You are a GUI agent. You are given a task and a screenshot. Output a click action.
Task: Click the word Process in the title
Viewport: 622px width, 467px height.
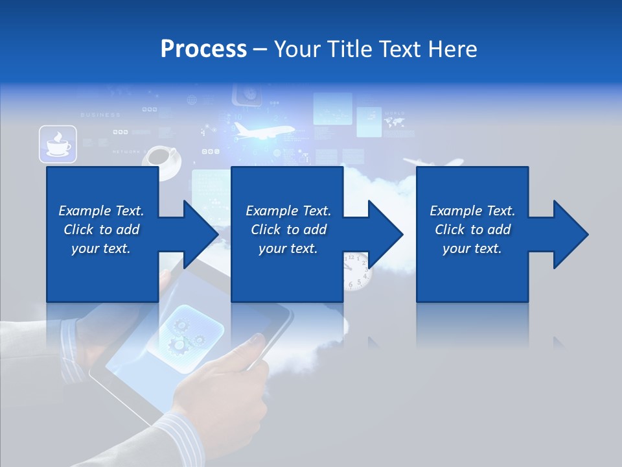coord(203,49)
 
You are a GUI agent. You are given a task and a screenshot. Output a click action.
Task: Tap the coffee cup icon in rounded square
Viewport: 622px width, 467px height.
coord(58,144)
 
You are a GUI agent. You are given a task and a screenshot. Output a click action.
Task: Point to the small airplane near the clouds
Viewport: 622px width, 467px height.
coord(433,163)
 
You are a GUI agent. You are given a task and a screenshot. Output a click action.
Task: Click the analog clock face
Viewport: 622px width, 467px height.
coord(356,271)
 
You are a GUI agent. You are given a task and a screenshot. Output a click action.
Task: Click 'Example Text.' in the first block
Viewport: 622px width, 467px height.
coord(101,211)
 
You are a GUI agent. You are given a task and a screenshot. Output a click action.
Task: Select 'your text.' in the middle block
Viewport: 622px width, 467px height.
coord(288,248)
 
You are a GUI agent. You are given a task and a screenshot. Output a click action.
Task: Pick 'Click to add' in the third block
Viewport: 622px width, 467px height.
coord(472,230)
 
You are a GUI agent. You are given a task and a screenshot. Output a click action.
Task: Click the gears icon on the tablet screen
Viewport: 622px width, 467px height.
coord(185,334)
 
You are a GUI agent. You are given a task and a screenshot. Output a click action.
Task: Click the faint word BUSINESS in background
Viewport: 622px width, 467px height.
coord(100,115)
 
